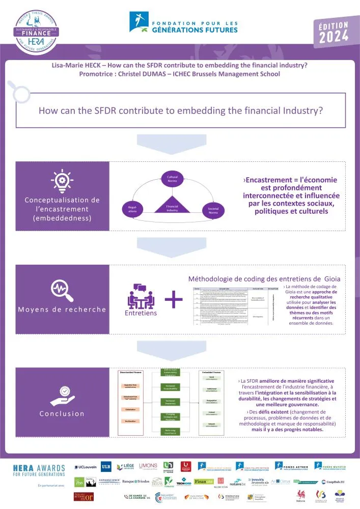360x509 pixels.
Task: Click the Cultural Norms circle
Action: point(173,180)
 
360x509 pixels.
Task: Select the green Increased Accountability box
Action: point(171,387)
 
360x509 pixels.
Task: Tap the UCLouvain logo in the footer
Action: point(86,467)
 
